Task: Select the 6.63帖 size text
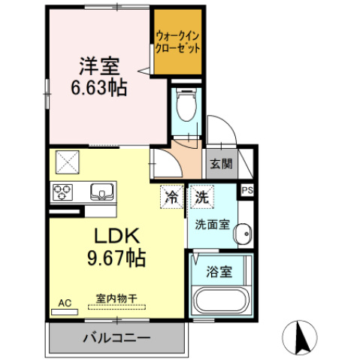99,87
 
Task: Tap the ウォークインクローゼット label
178,41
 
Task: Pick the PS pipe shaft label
247,191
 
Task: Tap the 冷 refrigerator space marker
172,198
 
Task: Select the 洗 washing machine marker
201,198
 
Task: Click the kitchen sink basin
99,191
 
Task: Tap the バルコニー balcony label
116,337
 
